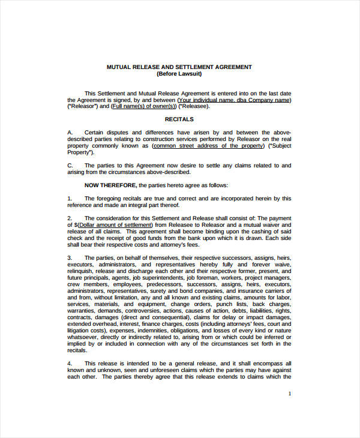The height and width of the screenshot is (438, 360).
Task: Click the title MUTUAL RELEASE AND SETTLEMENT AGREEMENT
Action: coord(179,67)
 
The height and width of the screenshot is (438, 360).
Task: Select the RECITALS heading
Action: coord(179,119)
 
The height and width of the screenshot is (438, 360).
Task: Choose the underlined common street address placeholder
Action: coord(208,146)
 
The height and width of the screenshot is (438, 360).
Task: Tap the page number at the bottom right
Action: coord(290,394)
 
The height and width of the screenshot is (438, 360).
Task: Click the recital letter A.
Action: coord(70,133)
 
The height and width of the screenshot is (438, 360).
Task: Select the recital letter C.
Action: coord(70,165)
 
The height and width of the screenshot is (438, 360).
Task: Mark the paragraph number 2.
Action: coord(70,217)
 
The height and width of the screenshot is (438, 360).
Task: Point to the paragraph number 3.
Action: coord(70,257)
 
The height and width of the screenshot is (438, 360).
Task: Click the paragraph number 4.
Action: coord(70,364)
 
